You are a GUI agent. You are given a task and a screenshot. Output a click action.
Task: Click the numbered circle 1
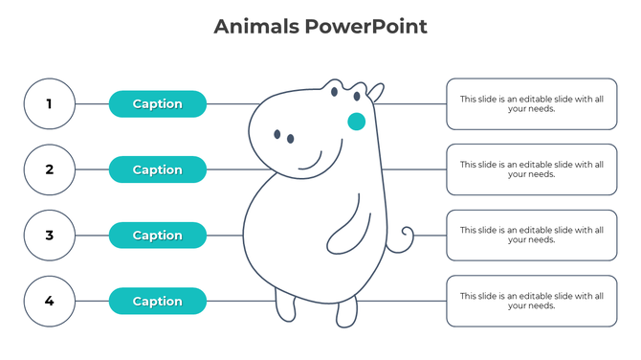(x=50, y=103)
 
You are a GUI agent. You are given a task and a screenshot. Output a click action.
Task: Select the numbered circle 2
(x=50, y=169)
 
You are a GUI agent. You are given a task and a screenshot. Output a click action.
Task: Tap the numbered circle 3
(x=50, y=236)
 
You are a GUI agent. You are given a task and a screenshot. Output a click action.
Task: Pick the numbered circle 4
(x=50, y=301)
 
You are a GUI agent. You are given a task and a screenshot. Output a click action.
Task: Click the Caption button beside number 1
(x=158, y=103)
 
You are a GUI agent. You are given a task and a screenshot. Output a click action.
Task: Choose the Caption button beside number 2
(x=158, y=169)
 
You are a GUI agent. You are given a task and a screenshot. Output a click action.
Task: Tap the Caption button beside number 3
(x=158, y=236)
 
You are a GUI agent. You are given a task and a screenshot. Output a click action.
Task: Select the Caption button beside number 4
(x=158, y=301)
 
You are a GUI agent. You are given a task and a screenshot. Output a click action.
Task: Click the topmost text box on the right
(x=531, y=103)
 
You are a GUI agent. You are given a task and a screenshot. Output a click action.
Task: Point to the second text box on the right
(x=531, y=169)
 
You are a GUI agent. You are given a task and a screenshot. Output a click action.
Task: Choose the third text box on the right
(x=531, y=236)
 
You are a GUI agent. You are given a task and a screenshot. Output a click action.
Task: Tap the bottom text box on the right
(x=531, y=301)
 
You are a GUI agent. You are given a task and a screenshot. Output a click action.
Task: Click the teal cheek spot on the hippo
(x=356, y=122)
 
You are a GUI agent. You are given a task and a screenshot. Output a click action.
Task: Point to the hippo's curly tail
(x=406, y=235)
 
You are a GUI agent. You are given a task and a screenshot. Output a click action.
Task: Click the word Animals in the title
(x=255, y=27)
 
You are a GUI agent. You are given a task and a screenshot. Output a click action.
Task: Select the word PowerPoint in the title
(x=366, y=27)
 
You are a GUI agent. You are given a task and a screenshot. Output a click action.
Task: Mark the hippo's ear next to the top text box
(x=376, y=92)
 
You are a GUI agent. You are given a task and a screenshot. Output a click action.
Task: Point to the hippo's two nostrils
(x=284, y=137)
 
